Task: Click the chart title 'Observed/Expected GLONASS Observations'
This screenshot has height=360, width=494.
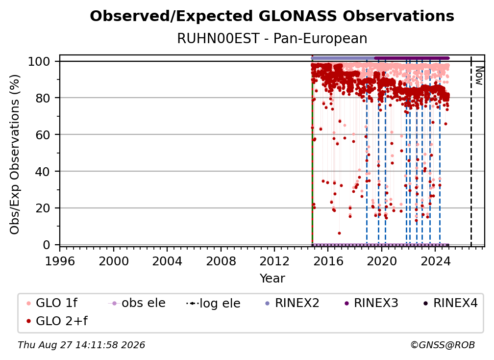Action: pyautogui.click(x=272, y=16)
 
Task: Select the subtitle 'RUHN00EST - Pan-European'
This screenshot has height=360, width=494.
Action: pyautogui.click(x=272, y=38)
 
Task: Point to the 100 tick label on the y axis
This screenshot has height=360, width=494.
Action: pyautogui.click(x=39, y=61)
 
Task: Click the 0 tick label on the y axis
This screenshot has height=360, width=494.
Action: pyautogui.click(x=47, y=245)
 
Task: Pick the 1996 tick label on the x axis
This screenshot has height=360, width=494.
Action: pyautogui.click(x=60, y=261)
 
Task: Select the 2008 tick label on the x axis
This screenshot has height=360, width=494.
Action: pyautogui.click(x=221, y=261)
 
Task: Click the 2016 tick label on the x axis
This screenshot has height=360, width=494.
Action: pyautogui.click(x=328, y=261)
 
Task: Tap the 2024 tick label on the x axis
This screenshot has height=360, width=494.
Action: pyautogui.click(x=435, y=261)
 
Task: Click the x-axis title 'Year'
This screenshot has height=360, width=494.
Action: pyautogui.click(x=272, y=279)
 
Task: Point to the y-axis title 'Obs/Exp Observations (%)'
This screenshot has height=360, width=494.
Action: pyautogui.click(x=15, y=154)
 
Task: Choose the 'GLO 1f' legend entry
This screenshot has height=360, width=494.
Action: pyautogui.click(x=52, y=303)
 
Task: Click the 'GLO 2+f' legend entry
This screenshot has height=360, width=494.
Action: pyautogui.click(x=57, y=321)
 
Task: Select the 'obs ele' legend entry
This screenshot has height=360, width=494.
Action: pyautogui.click(x=137, y=303)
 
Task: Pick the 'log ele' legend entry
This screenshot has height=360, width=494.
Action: pyautogui.click(x=213, y=303)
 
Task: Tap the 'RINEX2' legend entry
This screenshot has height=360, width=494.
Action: pyautogui.click(x=292, y=303)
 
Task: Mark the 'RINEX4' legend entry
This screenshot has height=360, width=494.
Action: pyautogui.click(x=450, y=303)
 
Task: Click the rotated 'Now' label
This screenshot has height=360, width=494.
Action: pyautogui.click(x=479, y=76)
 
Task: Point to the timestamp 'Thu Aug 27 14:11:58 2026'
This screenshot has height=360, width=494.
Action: pyautogui.click(x=81, y=345)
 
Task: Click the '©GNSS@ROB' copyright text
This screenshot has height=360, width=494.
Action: pyautogui.click(x=443, y=345)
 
